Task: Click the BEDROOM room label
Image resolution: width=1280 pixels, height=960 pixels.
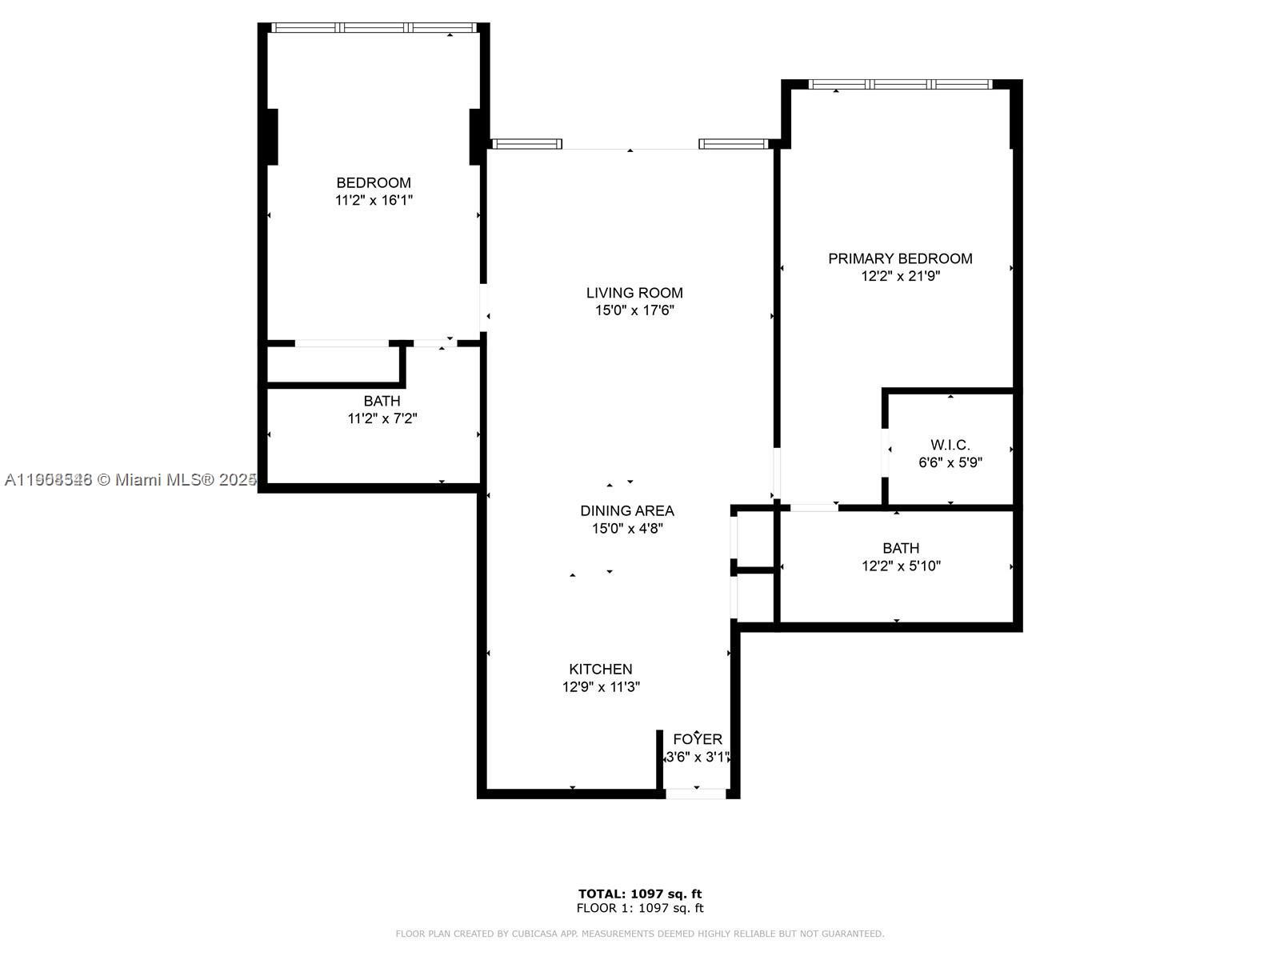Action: tap(374, 182)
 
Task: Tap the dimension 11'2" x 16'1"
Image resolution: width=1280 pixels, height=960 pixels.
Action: tap(374, 200)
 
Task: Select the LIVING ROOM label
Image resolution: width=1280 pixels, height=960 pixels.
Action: tap(634, 293)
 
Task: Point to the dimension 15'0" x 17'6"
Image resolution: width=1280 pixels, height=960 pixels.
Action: tap(634, 310)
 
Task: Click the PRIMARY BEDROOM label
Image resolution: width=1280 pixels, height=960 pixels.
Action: tap(900, 258)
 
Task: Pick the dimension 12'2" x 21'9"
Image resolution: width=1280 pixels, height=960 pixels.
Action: tap(900, 276)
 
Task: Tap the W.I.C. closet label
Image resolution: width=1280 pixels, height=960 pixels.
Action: tap(950, 445)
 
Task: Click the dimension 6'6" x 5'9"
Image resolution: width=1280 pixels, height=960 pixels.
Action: tap(950, 462)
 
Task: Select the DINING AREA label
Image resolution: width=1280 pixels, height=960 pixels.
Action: tap(627, 510)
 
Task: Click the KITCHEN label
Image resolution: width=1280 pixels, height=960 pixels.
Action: tap(601, 669)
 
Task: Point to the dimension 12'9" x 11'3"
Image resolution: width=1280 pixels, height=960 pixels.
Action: tap(601, 686)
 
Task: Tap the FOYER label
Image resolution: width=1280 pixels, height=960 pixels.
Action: tap(698, 739)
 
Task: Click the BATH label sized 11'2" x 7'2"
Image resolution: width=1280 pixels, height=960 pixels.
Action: tap(382, 401)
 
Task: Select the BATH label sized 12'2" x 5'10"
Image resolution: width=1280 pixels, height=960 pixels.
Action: tap(901, 548)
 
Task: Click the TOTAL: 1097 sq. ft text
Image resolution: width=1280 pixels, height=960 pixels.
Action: tap(640, 894)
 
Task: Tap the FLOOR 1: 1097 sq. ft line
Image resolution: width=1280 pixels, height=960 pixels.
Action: tap(640, 908)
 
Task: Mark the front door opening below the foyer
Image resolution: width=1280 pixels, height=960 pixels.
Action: tap(696, 794)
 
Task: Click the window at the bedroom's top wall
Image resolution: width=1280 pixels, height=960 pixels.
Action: tap(374, 27)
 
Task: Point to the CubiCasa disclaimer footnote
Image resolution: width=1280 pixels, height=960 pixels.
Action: tap(640, 934)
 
